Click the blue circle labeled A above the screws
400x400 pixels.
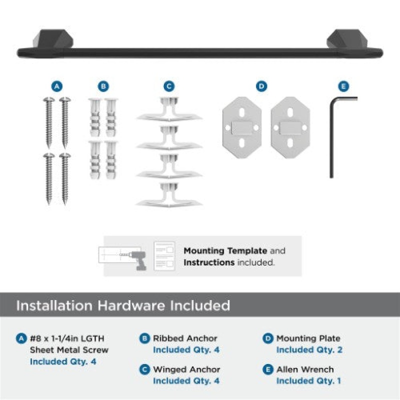tap(57, 86)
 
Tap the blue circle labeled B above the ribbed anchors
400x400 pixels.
tap(103, 86)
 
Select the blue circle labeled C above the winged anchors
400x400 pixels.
tap(169, 86)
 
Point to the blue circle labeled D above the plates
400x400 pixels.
tap(261, 86)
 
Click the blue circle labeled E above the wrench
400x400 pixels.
tap(343, 86)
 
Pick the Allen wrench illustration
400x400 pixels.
tap(331, 138)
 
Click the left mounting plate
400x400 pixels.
tap(242, 127)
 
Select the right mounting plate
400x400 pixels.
tap(290, 127)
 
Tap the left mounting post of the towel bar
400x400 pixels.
tap(53, 39)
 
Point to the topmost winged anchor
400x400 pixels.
tap(169, 109)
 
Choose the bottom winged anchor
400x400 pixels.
tap(169, 194)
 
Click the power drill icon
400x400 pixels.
tap(138, 259)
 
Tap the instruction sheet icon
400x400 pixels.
tap(164, 256)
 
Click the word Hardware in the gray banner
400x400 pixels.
tap(131, 305)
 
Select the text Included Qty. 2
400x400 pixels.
tap(309, 349)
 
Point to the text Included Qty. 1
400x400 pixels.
tap(308, 381)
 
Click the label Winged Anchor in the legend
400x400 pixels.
tap(186, 369)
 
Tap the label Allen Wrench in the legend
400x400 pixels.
tap(305, 369)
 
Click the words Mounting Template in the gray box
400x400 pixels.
tap(225, 251)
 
